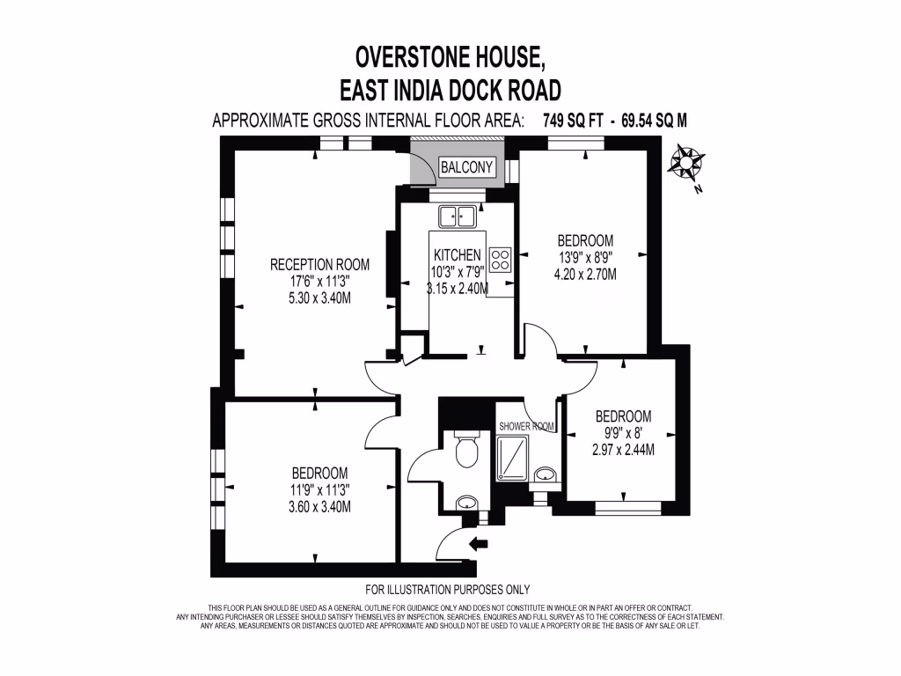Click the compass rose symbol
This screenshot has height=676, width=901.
click(686, 162)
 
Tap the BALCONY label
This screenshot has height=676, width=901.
click(467, 168)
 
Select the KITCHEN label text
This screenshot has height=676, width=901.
click(456, 255)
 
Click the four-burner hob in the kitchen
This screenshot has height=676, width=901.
click(502, 260)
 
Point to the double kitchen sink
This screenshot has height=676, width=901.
click(458, 214)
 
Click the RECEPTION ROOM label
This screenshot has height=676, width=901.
click(319, 264)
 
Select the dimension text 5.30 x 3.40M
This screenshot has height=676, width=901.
click(319, 298)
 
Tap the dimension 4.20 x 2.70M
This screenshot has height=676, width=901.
click(585, 274)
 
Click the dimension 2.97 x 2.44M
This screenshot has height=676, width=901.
click(623, 450)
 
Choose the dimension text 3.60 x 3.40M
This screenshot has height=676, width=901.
click(319, 506)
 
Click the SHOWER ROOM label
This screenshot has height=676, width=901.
click(526, 426)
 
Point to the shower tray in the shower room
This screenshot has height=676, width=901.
click(511, 459)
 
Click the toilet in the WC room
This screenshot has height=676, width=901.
click(465, 451)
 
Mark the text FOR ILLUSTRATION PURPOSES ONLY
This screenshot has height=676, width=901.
click(447, 590)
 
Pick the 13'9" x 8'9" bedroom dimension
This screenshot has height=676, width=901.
click(585, 257)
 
